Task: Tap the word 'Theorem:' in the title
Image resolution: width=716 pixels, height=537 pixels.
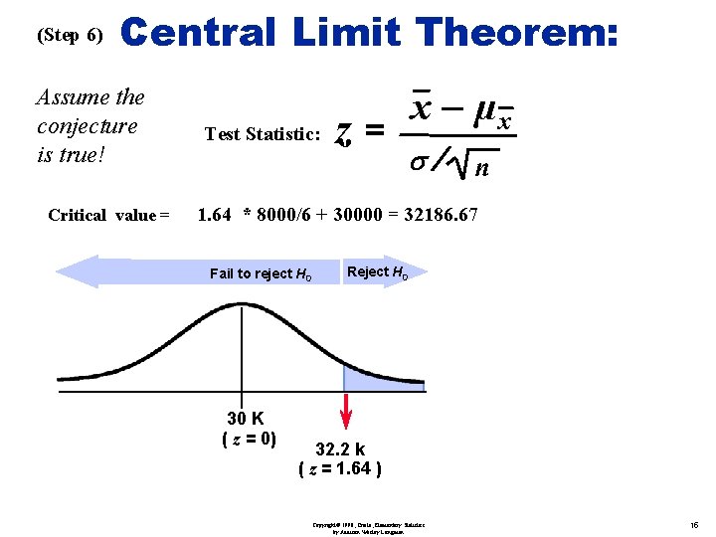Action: click(519, 33)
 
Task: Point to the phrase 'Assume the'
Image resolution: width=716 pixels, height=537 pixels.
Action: click(89, 97)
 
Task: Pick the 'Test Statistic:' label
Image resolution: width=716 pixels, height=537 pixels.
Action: click(263, 134)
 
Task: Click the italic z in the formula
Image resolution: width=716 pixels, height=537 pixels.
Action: click(343, 132)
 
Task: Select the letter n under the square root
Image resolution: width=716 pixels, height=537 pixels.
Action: click(481, 168)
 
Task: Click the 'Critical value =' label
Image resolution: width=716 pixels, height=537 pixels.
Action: click(108, 215)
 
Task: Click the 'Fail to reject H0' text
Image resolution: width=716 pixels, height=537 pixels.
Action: click(261, 273)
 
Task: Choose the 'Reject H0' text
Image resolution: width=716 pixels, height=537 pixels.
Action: click(377, 272)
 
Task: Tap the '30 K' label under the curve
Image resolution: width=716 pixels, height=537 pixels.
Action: click(246, 419)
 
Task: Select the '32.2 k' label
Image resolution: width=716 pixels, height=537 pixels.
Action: click(340, 449)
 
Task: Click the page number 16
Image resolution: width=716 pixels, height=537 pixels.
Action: click(692, 523)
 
